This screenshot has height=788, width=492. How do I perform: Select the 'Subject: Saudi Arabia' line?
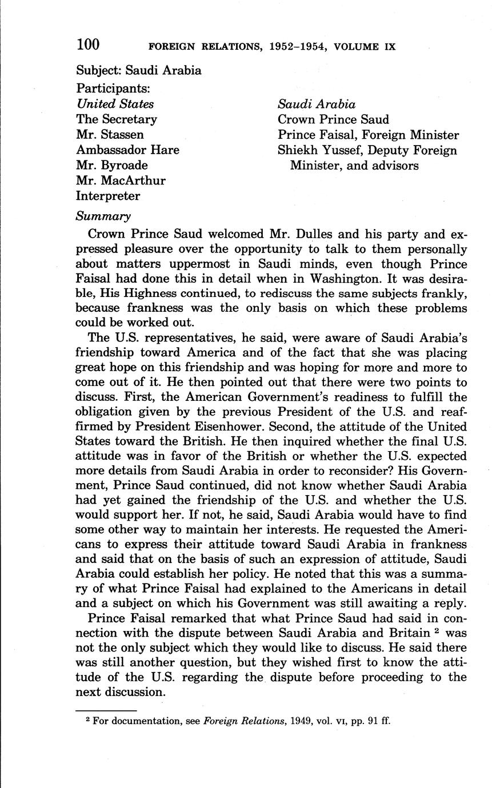[139, 71]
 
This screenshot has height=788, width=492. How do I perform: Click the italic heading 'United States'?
[115, 104]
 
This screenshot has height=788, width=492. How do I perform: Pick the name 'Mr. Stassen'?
[110, 135]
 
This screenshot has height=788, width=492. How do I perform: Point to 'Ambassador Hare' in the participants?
[127, 150]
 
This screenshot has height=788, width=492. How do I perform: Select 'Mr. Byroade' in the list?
[112, 166]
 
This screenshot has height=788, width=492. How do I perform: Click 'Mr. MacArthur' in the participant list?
[121, 181]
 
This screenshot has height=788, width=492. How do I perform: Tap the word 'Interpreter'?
[108, 196]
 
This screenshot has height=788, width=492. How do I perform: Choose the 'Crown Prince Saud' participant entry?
[333, 119]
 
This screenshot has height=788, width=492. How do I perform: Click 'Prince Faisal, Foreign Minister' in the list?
[368, 135]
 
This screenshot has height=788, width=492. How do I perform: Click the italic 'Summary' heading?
[103, 216]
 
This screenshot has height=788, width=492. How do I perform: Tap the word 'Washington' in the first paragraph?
[351, 279]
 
